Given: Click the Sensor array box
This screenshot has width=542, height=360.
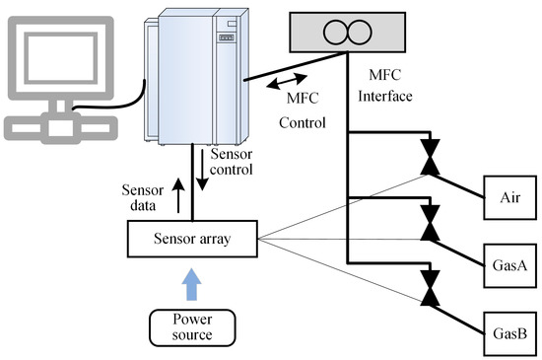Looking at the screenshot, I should coord(192,238).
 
